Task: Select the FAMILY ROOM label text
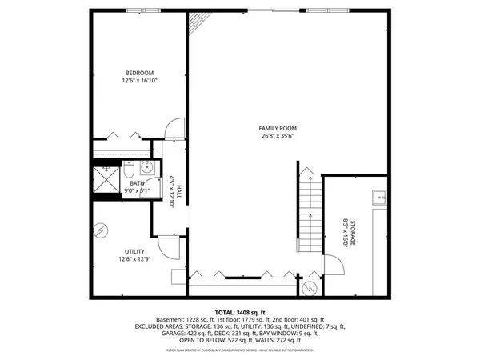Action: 278,128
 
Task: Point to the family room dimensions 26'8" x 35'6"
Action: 278,137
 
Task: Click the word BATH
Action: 138,183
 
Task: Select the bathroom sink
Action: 147,167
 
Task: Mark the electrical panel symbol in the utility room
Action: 101,230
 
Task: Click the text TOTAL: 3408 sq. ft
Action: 239,311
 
